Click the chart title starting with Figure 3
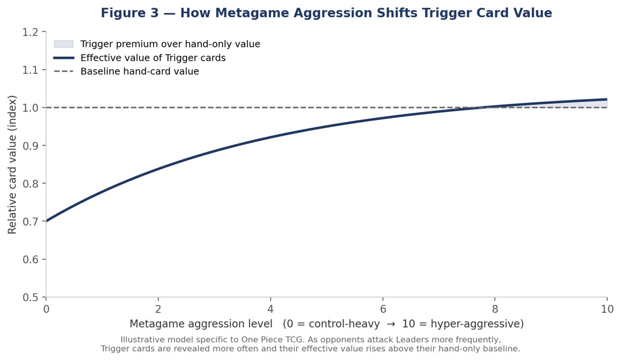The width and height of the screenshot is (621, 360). click(x=327, y=13)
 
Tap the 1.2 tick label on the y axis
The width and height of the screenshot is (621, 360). click(x=31, y=32)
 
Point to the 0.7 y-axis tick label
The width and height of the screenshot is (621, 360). click(x=31, y=221)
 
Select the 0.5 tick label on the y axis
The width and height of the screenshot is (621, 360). click(x=31, y=297)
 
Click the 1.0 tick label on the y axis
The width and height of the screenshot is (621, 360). click(x=31, y=108)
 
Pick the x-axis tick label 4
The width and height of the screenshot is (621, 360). click(x=270, y=309)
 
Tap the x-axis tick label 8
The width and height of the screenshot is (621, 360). click(x=495, y=309)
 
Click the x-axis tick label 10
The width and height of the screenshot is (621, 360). click(x=607, y=309)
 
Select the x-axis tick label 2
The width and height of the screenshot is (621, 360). click(x=158, y=309)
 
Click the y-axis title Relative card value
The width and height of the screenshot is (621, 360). click(x=12, y=165)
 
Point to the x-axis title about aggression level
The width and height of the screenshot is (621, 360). click(x=327, y=324)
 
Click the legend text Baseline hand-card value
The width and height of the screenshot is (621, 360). click(x=140, y=72)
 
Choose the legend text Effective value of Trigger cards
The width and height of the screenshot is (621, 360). click(x=153, y=58)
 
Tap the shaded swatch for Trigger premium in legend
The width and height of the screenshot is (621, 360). click(x=64, y=44)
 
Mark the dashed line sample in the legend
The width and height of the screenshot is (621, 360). click(x=64, y=71)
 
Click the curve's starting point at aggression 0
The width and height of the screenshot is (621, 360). click(x=47, y=221)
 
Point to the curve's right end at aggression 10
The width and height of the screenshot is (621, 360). click(x=607, y=99)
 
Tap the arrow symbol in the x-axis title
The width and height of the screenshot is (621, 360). click(x=391, y=325)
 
